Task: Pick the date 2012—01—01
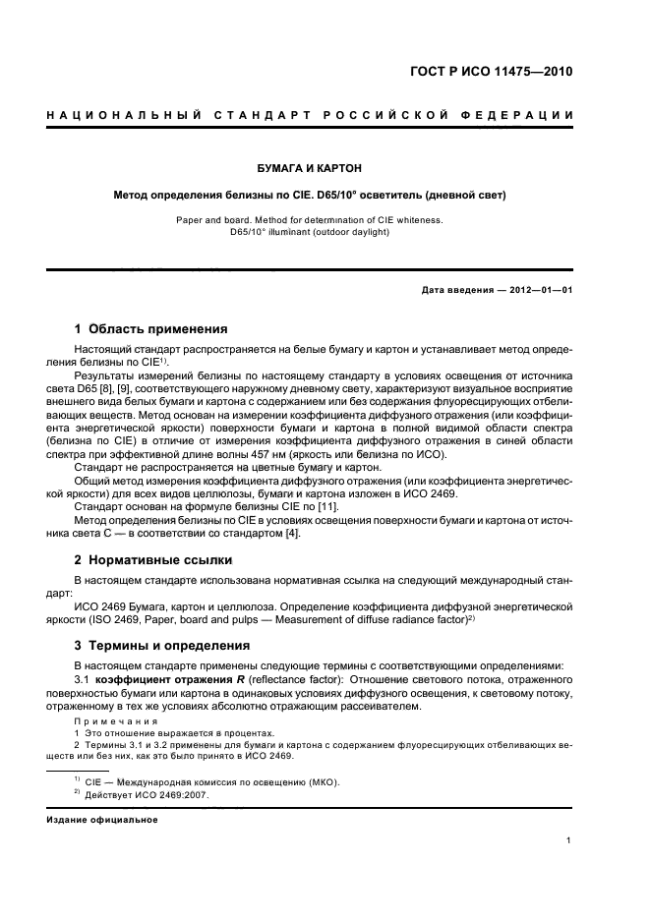pos(532,290)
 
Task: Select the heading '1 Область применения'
pos(151,328)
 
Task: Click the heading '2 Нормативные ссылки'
pos(153,559)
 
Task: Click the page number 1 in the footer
pos(570,840)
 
